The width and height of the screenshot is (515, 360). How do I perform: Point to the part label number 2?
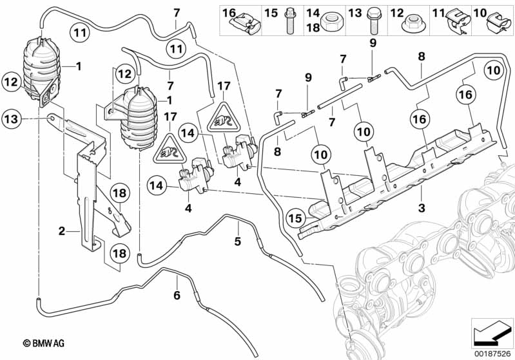61,229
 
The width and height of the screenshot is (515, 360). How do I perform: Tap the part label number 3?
421,208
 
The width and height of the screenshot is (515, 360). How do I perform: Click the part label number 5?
237,242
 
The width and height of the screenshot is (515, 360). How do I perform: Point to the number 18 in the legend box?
312,28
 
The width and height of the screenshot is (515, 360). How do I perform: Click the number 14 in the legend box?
312,12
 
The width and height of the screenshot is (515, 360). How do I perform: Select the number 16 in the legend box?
229,12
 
